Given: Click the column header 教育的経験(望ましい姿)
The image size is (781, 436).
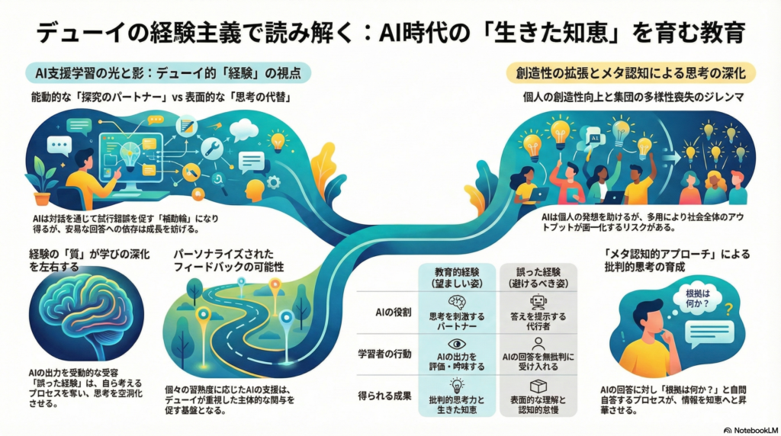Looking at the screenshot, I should coord(458,277).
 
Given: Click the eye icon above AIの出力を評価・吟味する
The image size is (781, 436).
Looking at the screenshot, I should coord(458,343).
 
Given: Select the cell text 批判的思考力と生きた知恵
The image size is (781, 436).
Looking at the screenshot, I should coord(458,406).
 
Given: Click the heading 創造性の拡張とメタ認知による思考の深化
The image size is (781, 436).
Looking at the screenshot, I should coord(632,72).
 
